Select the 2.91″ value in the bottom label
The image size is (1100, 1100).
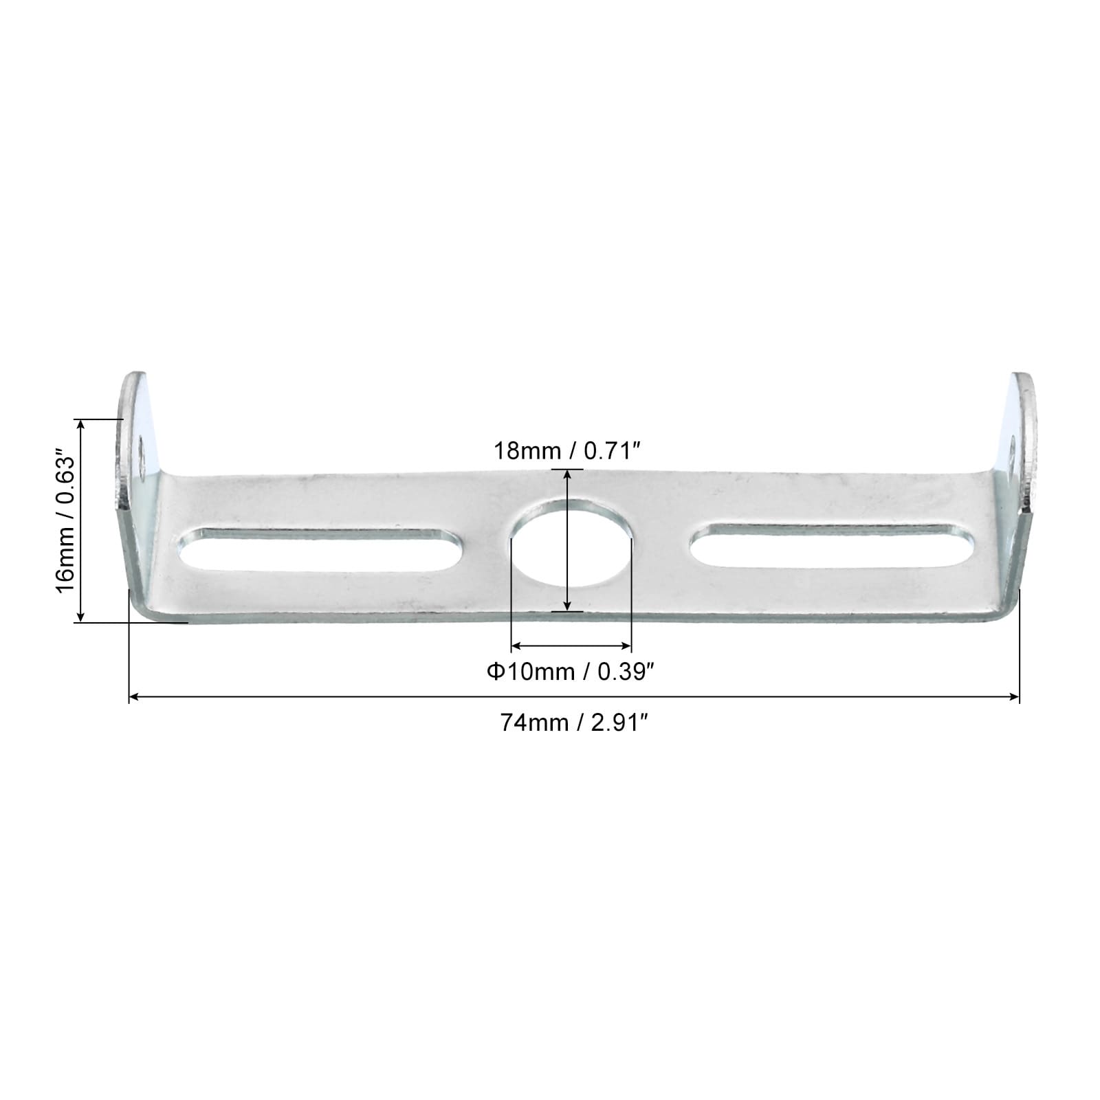coord(619,723)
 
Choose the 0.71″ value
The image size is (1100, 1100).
coord(613,452)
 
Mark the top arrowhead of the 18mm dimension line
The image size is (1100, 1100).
coord(567,474)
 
